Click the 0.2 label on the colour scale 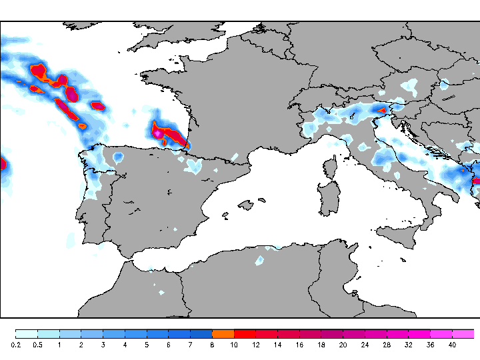(16, 345)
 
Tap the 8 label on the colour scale (212, 345)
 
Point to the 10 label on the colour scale (234, 345)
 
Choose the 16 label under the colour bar (299, 345)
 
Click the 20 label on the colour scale (343, 345)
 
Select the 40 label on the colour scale (452, 345)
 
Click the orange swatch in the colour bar (223, 333)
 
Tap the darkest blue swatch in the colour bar (201, 333)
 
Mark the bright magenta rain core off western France (158, 133)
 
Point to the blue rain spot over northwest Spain (118, 157)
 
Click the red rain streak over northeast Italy (382, 111)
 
